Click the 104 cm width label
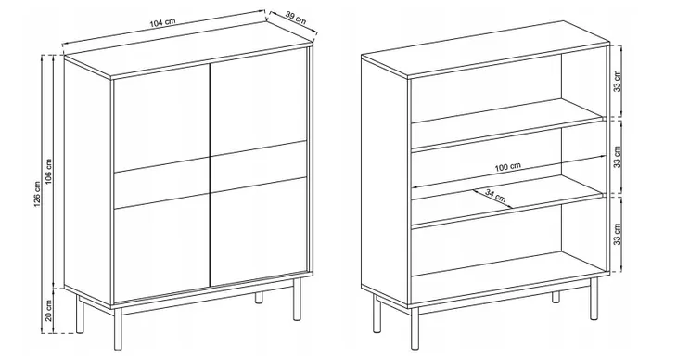163,23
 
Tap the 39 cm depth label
296,18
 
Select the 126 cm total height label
38,194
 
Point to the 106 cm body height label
49,171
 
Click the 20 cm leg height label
49,310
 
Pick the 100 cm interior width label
508,167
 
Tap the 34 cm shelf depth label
495,195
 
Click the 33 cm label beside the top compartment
617,81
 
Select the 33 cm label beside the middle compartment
617,157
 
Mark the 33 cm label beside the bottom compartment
617,234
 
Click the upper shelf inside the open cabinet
506,125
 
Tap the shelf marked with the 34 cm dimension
506,201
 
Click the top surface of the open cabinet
486,49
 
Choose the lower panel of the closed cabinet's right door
258,231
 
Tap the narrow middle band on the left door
161,183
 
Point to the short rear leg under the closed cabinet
259,297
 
